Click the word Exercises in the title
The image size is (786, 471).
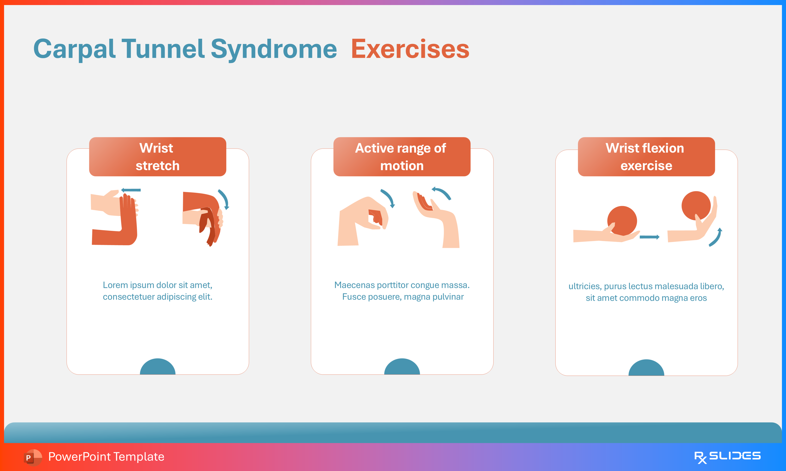point(410,49)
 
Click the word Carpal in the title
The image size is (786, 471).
point(74,49)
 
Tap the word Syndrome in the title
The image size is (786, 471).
point(274,49)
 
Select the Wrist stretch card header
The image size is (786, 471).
point(158,157)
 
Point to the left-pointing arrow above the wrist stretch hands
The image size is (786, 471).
point(131,190)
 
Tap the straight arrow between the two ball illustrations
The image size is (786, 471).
point(649,237)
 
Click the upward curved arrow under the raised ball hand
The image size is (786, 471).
point(716,237)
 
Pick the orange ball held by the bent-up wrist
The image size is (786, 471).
point(696,205)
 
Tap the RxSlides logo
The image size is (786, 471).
point(727,457)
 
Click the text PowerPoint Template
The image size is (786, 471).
point(106,457)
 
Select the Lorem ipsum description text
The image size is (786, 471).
point(158,291)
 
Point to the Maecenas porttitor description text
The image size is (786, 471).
point(402,291)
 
